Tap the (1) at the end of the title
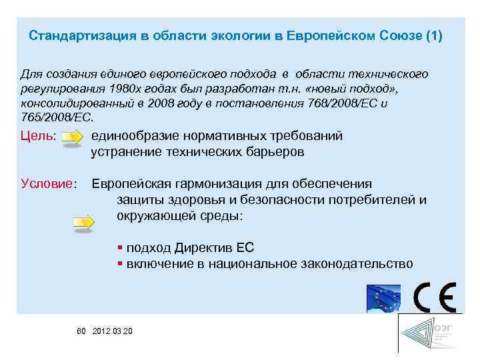[433, 35]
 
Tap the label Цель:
[38, 137]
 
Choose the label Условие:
[49, 183]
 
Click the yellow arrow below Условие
[84, 222]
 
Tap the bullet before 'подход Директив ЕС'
[119, 247]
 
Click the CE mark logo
[434, 297]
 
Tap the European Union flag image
[383, 298]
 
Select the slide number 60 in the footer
[82, 331]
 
